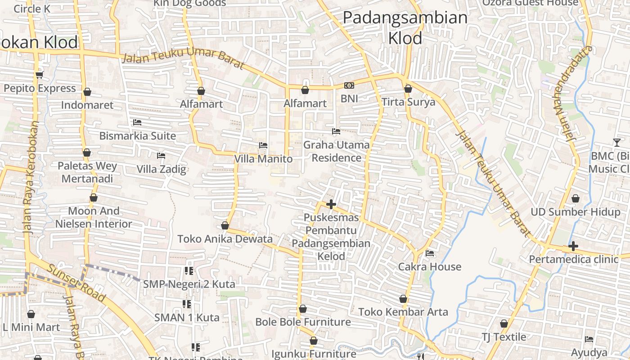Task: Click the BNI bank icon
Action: click(x=349, y=85)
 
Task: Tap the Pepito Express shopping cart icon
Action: click(x=40, y=75)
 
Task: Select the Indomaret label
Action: click(x=87, y=105)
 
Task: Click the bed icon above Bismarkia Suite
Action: click(x=137, y=122)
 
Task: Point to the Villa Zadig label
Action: click(x=162, y=169)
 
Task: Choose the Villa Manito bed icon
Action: click(x=263, y=145)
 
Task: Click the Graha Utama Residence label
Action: click(x=337, y=151)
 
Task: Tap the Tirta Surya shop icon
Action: click(x=408, y=89)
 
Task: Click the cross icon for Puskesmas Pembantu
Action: click(x=331, y=204)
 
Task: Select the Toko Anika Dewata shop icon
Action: click(x=225, y=225)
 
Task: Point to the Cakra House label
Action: click(x=430, y=266)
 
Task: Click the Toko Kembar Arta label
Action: click(x=403, y=312)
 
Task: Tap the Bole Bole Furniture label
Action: click(x=303, y=322)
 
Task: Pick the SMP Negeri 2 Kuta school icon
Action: click(x=189, y=271)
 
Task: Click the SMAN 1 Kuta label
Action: click(x=187, y=317)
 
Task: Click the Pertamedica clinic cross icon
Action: click(x=573, y=246)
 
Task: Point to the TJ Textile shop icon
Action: click(x=504, y=324)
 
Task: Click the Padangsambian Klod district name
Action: click(x=405, y=28)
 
